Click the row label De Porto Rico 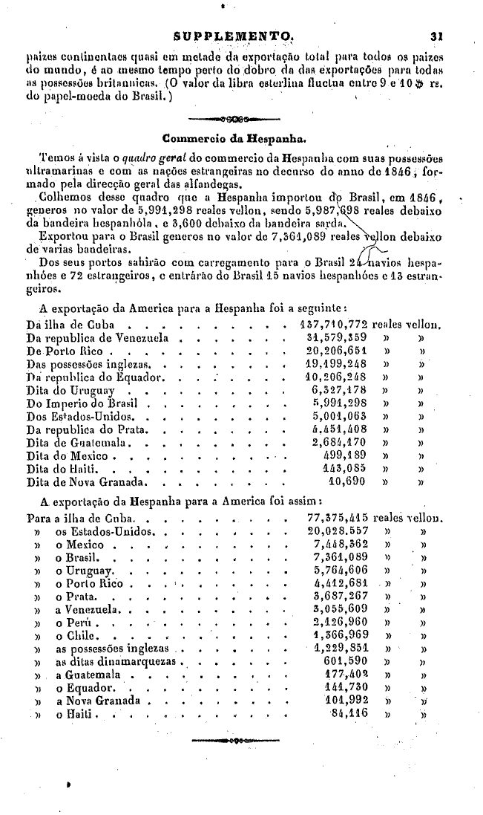click(x=68, y=351)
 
